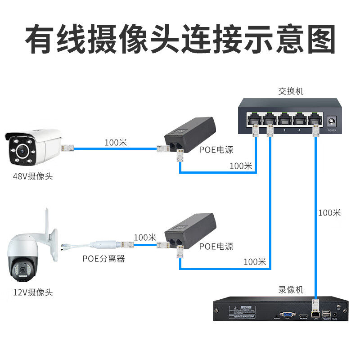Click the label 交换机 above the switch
click(291, 91)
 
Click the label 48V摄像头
click(33, 176)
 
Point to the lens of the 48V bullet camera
click(21, 152)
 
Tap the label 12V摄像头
click(33, 292)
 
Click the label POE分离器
click(103, 259)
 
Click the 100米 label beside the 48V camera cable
click(116, 143)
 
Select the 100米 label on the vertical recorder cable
click(329, 212)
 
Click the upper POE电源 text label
click(216, 150)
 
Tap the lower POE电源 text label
click(216, 246)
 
